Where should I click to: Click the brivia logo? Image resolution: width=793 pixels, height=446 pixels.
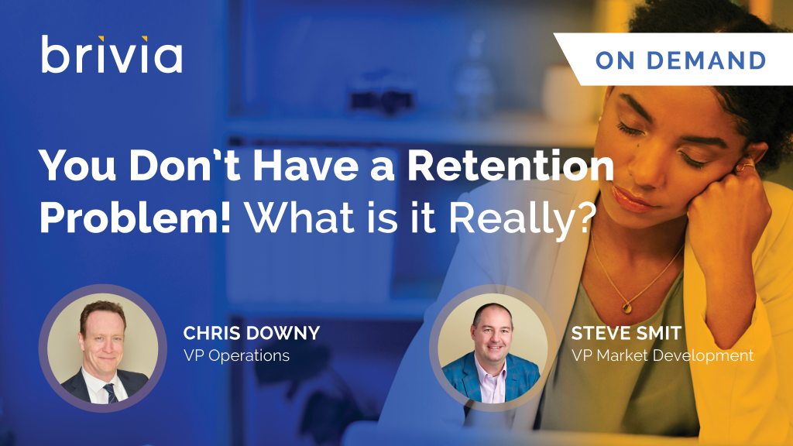click(x=112, y=54)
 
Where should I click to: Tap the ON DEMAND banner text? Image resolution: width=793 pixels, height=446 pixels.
click(x=681, y=60)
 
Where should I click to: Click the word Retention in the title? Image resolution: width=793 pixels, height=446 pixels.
click(x=511, y=166)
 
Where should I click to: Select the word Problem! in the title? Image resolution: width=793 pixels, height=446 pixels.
click(x=135, y=218)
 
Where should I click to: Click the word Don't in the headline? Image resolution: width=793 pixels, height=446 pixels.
click(x=184, y=166)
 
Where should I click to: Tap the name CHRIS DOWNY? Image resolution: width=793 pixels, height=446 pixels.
click(x=252, y=333)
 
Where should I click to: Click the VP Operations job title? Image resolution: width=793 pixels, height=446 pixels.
click(x=236, y=355)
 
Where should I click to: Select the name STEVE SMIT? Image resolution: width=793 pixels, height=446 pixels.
click(x=627, y=333)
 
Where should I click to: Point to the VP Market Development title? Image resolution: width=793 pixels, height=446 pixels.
click(x=663, y=355)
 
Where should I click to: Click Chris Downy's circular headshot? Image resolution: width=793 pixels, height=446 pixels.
click(x=103, y=348)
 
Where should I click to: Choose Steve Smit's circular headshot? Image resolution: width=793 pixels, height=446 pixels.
click(x=493, y=348)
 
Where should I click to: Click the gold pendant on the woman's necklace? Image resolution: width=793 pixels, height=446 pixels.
click(x=627, y=307)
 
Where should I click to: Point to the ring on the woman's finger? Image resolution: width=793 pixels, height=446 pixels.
click(x=747, y=165)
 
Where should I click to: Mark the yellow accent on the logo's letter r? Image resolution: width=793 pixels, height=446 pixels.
click(x=101, y=39)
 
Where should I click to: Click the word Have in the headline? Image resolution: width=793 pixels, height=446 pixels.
click(x=306, y=166)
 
